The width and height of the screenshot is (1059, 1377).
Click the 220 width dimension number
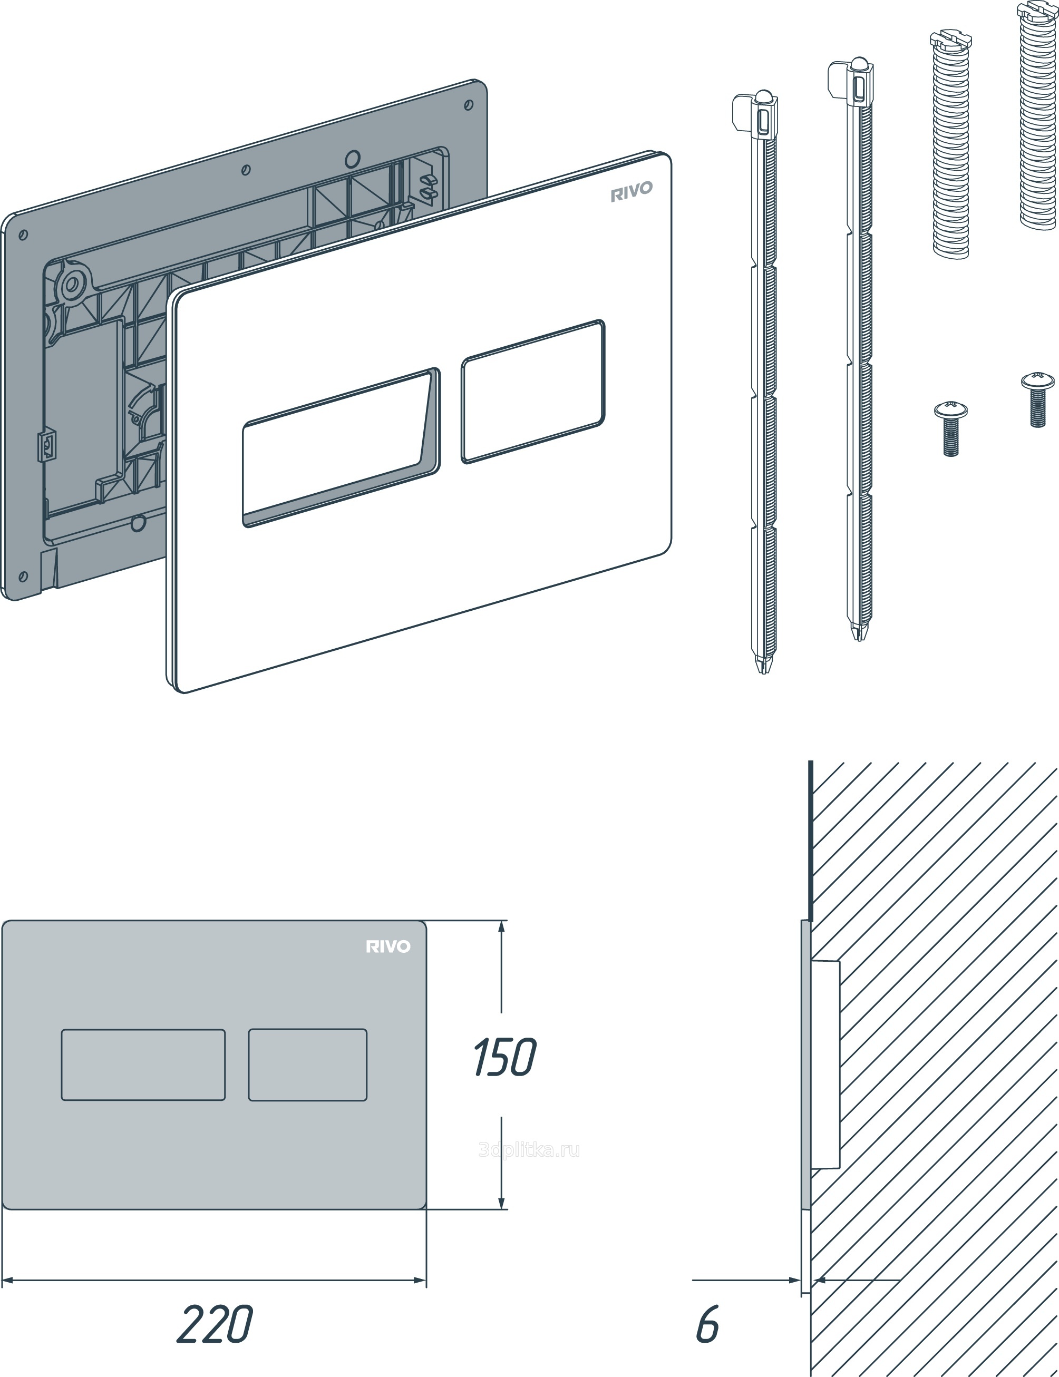[215, 1324]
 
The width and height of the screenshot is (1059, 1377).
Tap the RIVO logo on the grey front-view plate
[388, 946]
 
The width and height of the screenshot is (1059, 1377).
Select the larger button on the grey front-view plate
[143, 1065]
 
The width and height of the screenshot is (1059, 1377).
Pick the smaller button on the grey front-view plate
[308, 1065]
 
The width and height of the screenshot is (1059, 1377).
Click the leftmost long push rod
[762, 382]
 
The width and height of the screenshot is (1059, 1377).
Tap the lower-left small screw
[950, 429]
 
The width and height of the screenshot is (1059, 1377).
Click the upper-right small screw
[1037, 399]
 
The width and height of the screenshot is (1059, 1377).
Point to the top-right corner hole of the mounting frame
[469, 105]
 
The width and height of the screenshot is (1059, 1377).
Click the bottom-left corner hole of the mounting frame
[23, 577]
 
